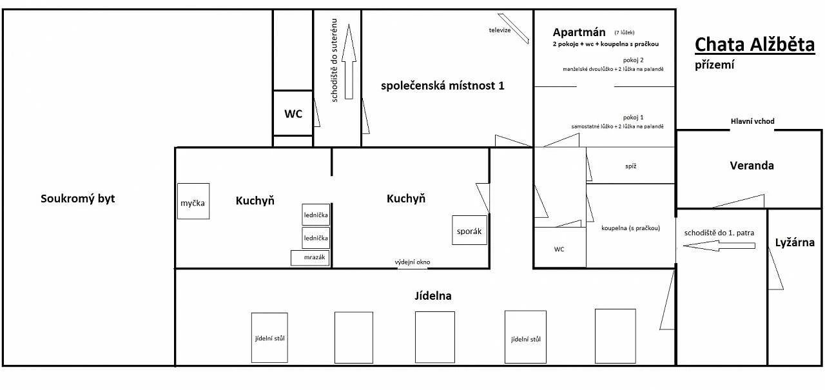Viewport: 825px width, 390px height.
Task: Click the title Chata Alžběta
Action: click(755, 45)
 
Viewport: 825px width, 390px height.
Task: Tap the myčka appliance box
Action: click(193, 201)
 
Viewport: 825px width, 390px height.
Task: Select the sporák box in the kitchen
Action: click(470, 230)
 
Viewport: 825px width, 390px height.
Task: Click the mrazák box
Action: click(310, 258)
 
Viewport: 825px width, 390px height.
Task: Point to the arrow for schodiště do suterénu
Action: click(349, 61)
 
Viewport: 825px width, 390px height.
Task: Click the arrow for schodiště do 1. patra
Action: click(719, 246)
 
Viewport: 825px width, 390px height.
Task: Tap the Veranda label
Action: click(752, 166)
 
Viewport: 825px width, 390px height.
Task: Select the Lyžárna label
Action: click(795, 242)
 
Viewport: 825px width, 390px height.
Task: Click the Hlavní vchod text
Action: click(752, 121)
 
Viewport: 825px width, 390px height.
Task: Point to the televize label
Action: click(500, 30)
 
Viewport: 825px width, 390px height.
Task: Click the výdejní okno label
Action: click(412, 262)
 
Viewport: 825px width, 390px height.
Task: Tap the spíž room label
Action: click(631, 166)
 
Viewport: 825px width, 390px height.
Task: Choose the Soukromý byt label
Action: click(78, 199)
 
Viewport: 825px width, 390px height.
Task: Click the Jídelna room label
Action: click(433, 296)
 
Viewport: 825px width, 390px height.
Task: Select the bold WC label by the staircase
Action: click(293, 114)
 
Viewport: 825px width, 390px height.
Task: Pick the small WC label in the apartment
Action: click(559, 249)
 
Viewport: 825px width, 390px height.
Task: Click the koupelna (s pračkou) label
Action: click(630, 228)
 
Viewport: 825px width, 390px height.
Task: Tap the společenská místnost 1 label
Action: click(442, 86)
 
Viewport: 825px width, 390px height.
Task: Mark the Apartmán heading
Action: click(579, 32)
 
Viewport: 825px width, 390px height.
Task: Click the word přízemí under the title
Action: click(715, 65)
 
